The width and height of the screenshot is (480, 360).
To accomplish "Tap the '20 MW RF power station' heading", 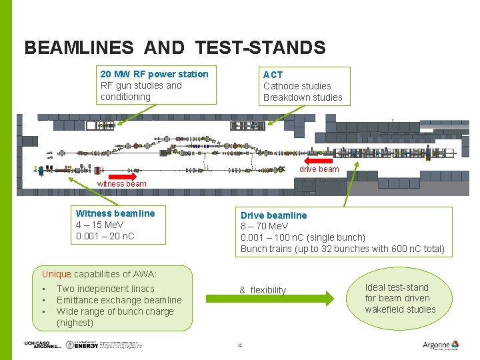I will (x=154, y=74).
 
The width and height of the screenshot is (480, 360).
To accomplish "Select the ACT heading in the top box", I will (x=273, y=75).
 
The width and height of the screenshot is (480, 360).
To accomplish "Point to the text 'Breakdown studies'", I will (x=303, y=97).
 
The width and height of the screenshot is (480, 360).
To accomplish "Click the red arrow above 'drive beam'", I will (x=318, y=161).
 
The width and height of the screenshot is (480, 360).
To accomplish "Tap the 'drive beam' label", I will (x=319, y=169).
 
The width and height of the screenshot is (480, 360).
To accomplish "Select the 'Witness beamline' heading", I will (x=115, y=213).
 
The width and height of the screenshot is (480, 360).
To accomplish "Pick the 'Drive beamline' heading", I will (x=274, y=215).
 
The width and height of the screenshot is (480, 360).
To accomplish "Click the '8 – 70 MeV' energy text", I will (x=264, y=227).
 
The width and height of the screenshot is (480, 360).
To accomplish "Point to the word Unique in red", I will (x=56, y=274).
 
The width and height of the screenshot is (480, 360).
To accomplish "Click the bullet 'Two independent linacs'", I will (x=105, y=289).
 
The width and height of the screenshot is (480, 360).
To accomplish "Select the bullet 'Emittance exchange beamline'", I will (x=119, y=300).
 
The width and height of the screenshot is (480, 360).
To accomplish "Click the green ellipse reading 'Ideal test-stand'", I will (x=399, y=298).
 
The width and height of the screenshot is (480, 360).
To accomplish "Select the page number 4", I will (x=240, y=345).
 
